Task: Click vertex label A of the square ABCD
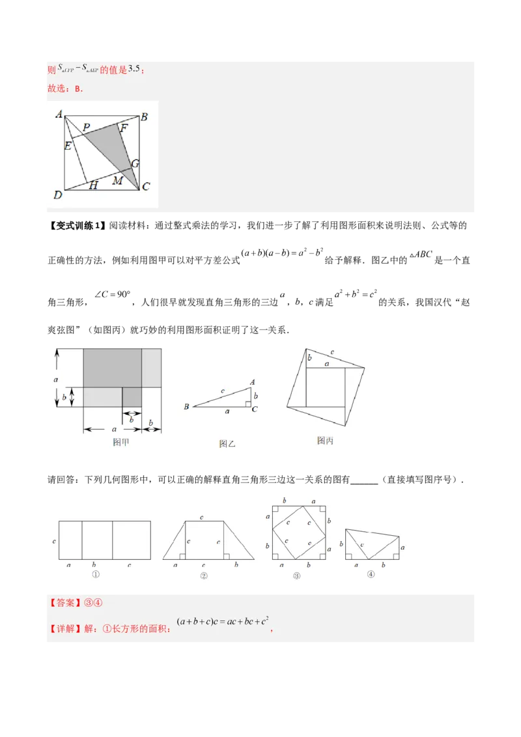[x=59, y=115]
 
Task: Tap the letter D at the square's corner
[x=58, y=194]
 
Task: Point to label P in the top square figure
[x=86, y=127]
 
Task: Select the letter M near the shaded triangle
[x=118, y=180]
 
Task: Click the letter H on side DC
[x=93, y=186]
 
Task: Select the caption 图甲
[x=121, y=443]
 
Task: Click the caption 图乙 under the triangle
[x=227, y=445]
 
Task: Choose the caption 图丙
[x=325, y=441]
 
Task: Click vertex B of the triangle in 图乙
[x=186, y=407]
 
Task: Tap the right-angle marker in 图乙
[x=248, y=404]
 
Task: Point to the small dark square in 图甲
[x=132, y=397]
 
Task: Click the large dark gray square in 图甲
[x=112, y=368]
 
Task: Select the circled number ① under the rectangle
[x=95, y=575]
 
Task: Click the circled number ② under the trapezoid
[x=204, y=576]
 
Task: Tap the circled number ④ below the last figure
[x=371, y=574]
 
